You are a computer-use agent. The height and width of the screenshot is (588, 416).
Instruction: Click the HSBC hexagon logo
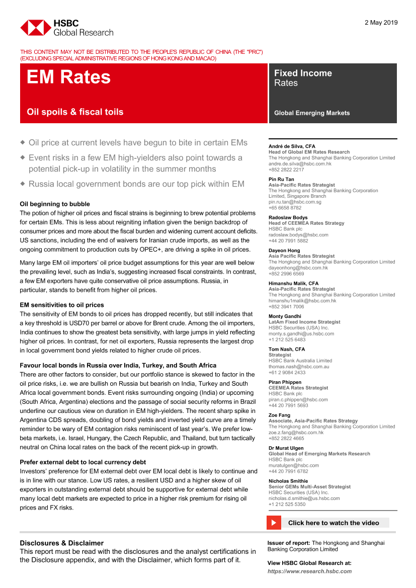coord(35,28)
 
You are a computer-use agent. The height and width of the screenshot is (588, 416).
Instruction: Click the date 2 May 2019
coord(381,23)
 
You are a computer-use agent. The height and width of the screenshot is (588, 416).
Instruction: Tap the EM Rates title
coord(68,77)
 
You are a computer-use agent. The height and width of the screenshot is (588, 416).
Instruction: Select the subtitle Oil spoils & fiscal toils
coord(75,112)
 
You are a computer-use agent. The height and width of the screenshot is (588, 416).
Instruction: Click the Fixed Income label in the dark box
coord(303,73)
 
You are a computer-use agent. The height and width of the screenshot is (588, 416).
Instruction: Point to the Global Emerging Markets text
coord(312,113)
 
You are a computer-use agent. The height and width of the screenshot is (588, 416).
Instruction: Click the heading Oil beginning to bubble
coord(55,204)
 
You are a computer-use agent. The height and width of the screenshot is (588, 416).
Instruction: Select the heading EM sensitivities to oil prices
coord(62,305)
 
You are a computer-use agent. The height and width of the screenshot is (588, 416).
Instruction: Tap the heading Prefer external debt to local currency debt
coord(83,462)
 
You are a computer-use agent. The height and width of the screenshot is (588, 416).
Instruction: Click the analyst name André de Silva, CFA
coord(292,146)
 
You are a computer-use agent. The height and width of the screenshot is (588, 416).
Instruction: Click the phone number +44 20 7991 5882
coord(288,240)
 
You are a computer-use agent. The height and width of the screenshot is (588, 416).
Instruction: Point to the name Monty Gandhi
coord(285,316)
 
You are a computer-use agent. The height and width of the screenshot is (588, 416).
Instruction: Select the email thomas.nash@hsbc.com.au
coord(299,367)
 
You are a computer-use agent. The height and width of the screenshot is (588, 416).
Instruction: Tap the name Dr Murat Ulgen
coord(286,448)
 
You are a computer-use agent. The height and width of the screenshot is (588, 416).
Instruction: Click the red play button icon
coord(274,523)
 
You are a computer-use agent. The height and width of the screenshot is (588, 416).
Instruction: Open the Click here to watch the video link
coord(334,523)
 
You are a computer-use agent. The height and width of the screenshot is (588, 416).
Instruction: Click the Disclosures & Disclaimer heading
coord(62,543)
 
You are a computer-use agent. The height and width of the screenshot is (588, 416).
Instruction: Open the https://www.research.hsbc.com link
coord(309,571)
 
